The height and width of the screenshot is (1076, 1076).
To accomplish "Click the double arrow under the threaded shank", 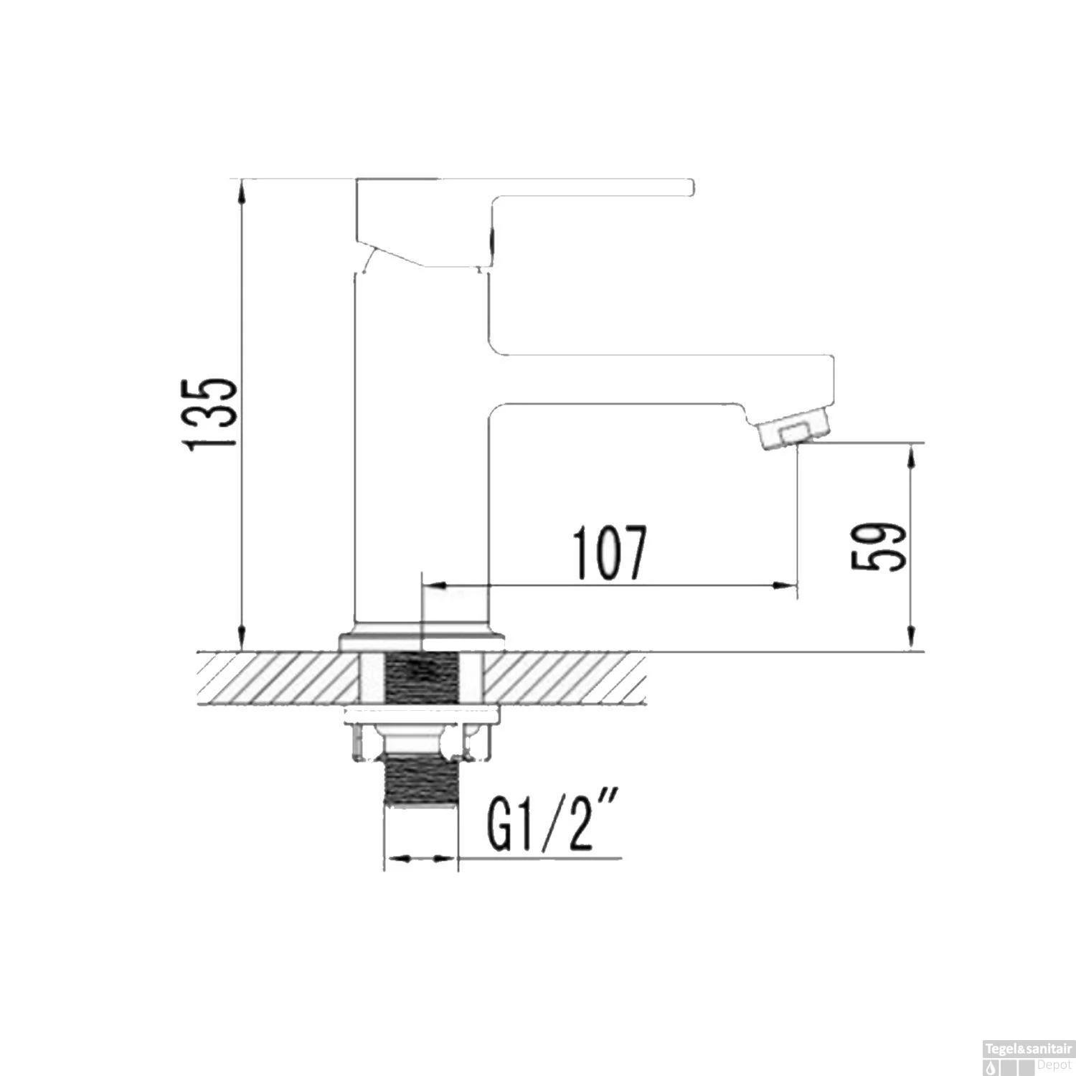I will (422, 858).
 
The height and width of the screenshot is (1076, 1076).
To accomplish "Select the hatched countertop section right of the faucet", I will (567, 678).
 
